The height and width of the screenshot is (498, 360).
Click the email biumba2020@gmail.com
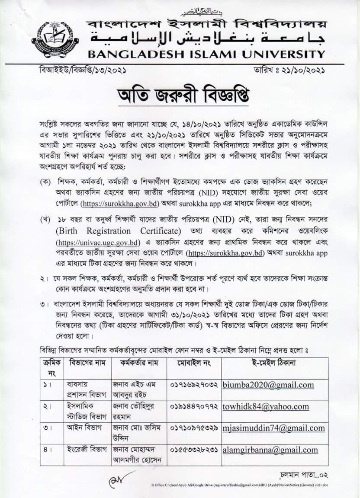pos(268,385)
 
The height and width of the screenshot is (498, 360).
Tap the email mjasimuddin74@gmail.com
pos(273,428)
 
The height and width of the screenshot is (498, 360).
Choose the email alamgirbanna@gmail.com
pos(270,450)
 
